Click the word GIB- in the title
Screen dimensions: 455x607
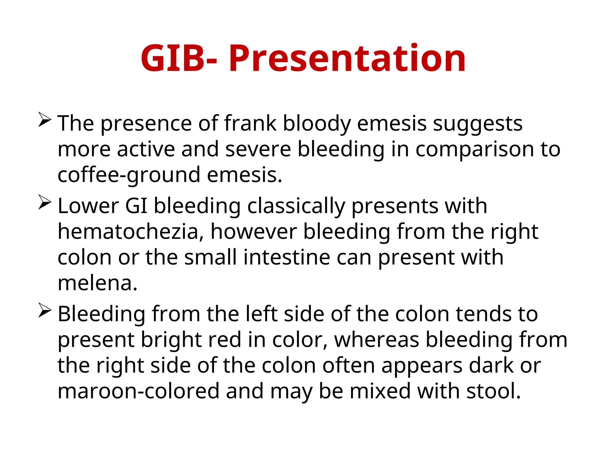pos(179,58)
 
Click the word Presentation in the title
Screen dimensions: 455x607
pos(347,58)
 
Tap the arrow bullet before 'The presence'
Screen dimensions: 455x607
pos(44,120)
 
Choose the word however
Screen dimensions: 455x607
pos(253,232)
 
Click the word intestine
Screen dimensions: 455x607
pos(287,257)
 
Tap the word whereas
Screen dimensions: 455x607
pos(376,339)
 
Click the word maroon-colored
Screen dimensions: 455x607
pos(138,391)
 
